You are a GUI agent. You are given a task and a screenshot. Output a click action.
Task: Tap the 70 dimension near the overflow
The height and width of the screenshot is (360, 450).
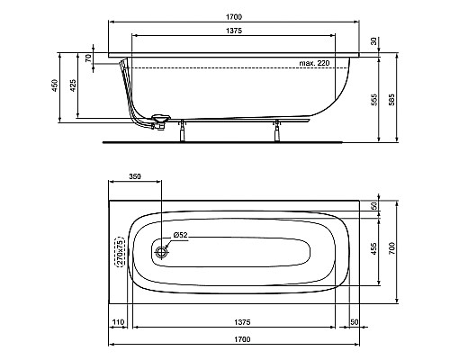(x=89, y=58)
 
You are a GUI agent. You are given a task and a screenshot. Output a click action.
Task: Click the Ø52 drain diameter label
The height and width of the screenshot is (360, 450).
(x=179, y=236)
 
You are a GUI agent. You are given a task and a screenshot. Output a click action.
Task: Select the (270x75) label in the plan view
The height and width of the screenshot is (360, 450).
(x=118, y=253)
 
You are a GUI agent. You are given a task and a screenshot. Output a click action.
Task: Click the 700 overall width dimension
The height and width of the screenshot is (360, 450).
(x=391, y=247)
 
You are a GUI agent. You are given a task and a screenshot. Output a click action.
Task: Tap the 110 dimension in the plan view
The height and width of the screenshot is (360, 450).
(x=117, y=321)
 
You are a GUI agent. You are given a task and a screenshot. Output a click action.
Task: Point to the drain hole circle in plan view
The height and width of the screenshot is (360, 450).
(x=162, y=252)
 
